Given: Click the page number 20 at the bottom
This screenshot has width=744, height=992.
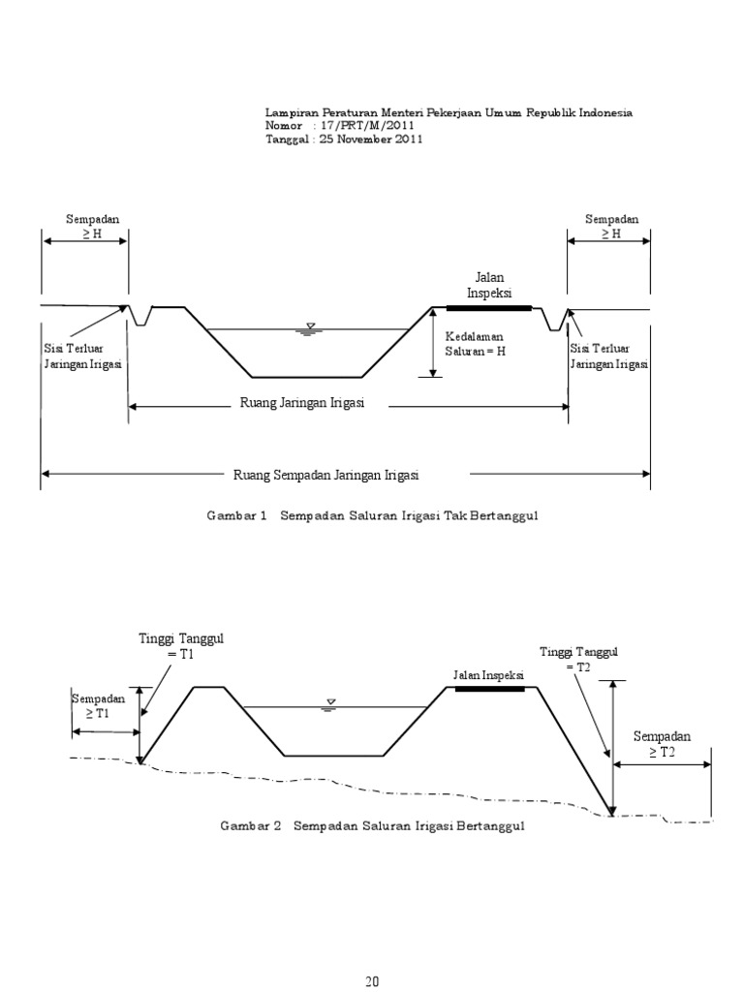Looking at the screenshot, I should [372, 980].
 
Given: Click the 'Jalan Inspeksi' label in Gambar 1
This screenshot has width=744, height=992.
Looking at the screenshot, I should [489, 285].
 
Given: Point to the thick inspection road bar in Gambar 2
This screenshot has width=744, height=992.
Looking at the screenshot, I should [489, 689].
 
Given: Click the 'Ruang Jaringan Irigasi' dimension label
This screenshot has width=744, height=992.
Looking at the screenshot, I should [301, 404].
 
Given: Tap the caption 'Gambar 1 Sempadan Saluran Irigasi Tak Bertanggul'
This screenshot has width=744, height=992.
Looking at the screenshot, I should [372, 516].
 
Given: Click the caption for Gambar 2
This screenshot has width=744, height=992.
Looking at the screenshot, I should [372, 827].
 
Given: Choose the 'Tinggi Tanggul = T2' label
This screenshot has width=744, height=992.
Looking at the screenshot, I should [578, 660].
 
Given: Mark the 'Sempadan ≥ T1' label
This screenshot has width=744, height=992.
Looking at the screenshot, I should [98, 705].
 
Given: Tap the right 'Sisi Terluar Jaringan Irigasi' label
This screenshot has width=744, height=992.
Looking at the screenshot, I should [608, 356].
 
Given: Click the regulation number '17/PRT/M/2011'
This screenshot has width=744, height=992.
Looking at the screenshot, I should [363, 126].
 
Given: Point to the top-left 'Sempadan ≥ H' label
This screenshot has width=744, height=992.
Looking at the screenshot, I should [85, 227].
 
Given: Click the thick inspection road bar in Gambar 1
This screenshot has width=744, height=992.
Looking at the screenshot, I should [489, 307].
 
